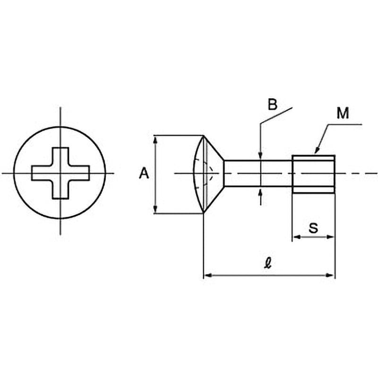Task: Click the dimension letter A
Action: pos(144,173)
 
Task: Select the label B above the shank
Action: pos(273,105)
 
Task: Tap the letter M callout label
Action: pos(343,113)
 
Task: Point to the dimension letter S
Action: pos(313,228)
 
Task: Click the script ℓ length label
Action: pos(267,263)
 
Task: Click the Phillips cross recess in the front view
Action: pos(60,173)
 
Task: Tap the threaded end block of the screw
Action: pos(313,174)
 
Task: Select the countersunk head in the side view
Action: pos(208,174)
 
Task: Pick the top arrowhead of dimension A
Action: pos(155,139)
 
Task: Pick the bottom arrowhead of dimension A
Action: pos(155,209)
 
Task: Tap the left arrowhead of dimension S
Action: pos(296,237)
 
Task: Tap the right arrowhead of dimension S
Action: pos(330,237)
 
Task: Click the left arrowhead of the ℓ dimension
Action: pos(208,275)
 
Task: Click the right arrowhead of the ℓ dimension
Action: pos(330,275)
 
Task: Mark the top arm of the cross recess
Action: pos(60,157)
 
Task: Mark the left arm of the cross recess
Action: pos(42,173)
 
